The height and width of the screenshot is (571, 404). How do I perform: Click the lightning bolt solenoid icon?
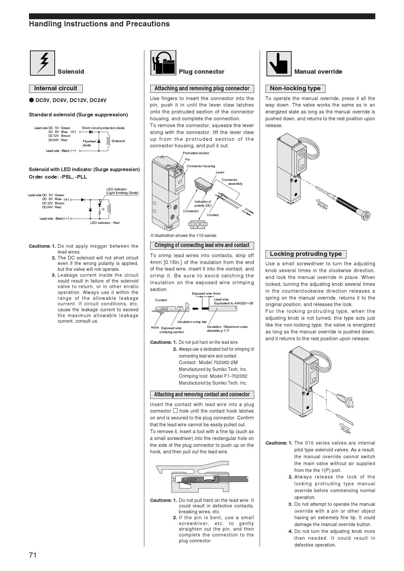[42, 63]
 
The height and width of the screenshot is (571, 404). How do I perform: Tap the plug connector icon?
[163, 63]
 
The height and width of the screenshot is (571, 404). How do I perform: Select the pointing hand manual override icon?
[279, 64]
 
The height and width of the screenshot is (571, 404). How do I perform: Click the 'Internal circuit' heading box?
[56, 88]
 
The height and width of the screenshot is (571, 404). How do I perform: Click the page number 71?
[33, 555]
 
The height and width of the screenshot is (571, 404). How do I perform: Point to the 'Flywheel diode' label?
[89, 143]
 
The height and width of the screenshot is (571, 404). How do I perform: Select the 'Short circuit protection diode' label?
[103, 128]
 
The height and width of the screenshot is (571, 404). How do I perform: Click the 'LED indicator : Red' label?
[105, 223]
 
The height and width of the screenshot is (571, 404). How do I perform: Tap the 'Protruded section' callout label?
[196, 153]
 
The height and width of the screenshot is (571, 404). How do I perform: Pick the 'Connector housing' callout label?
[201, 166]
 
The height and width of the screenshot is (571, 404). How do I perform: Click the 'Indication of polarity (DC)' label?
[203, 204]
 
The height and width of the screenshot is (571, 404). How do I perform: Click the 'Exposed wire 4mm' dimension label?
[206, 294]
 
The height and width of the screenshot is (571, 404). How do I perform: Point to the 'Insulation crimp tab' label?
[192, 322]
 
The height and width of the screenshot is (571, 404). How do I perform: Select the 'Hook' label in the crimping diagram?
[155, 328]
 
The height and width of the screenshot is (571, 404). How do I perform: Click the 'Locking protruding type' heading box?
[306, 254]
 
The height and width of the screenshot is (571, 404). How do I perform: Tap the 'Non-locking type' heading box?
[295, 88]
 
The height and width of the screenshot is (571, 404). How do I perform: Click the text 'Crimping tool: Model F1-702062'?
[213, 376]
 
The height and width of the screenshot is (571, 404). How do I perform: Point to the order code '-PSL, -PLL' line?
[58, 177]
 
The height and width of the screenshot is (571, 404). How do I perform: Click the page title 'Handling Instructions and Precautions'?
[99, 24]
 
